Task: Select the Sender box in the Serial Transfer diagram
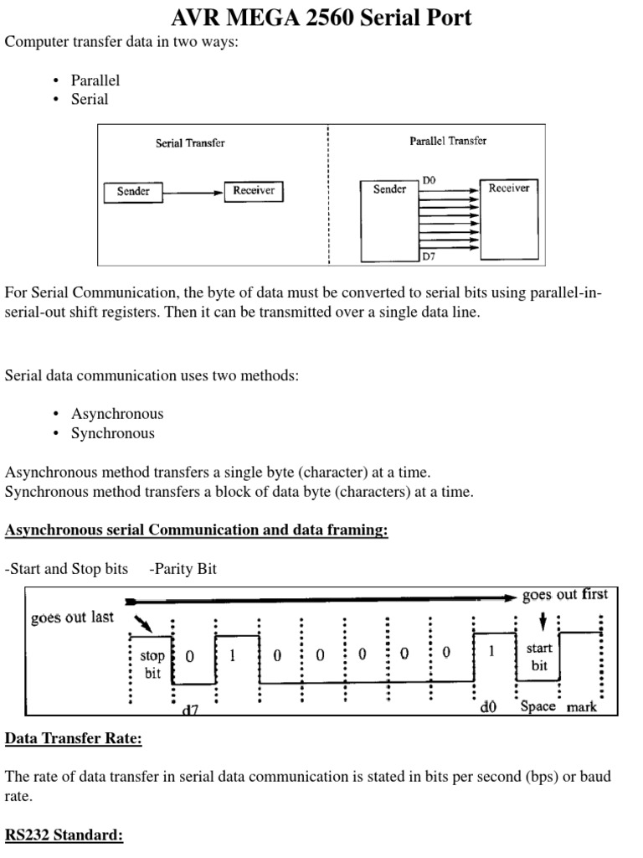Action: click(133, 192)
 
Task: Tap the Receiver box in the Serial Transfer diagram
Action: click(254, 192)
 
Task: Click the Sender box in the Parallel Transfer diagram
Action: click(389, 189)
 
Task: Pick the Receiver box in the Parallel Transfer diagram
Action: click(509, 189)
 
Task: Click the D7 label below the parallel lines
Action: click(429, 257)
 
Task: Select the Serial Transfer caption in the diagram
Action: click(190, 143)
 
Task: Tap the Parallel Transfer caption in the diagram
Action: click(448, 141)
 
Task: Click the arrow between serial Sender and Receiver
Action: click(193, 193)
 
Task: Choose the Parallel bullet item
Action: click(95, 80)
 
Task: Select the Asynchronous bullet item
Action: click(117, 414)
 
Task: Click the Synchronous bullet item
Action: click(113, 433)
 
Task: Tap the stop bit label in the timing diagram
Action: click(152, 665)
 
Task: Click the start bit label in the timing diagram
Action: click(539, 657)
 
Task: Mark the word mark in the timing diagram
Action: click(582, 707)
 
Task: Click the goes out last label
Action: click(71, 618)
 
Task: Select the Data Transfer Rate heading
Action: click(74, 739)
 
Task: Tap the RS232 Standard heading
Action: click(64, 836)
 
